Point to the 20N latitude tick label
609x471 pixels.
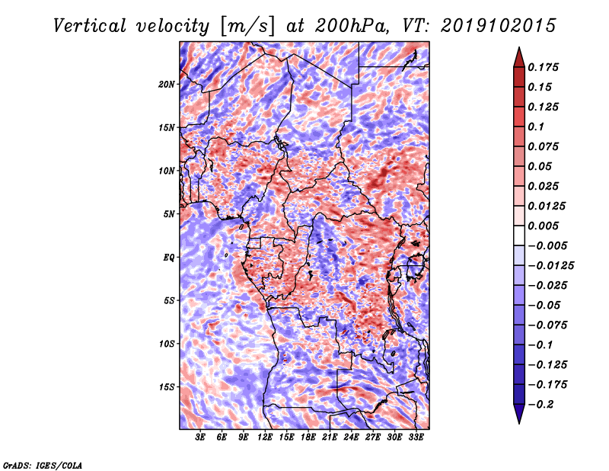click(167, 84)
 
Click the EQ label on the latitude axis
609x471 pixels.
click(169, 257)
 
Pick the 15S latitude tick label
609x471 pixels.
click(167, 386)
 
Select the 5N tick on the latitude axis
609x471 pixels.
click(169, 213)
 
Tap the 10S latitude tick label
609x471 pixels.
click(167, 343)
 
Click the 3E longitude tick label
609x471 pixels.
click(201, 438)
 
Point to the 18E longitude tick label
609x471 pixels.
click(308, 438)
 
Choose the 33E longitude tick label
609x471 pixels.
click(416, 438)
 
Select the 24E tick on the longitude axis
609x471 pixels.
click(351, 438)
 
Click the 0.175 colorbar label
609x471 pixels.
click(545, 67)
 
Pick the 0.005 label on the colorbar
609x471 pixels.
click(545, 226)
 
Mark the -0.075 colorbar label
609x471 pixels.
click(547, 325)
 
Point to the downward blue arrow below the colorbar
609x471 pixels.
click(518, 416)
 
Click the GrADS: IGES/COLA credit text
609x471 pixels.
click(42, 464)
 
